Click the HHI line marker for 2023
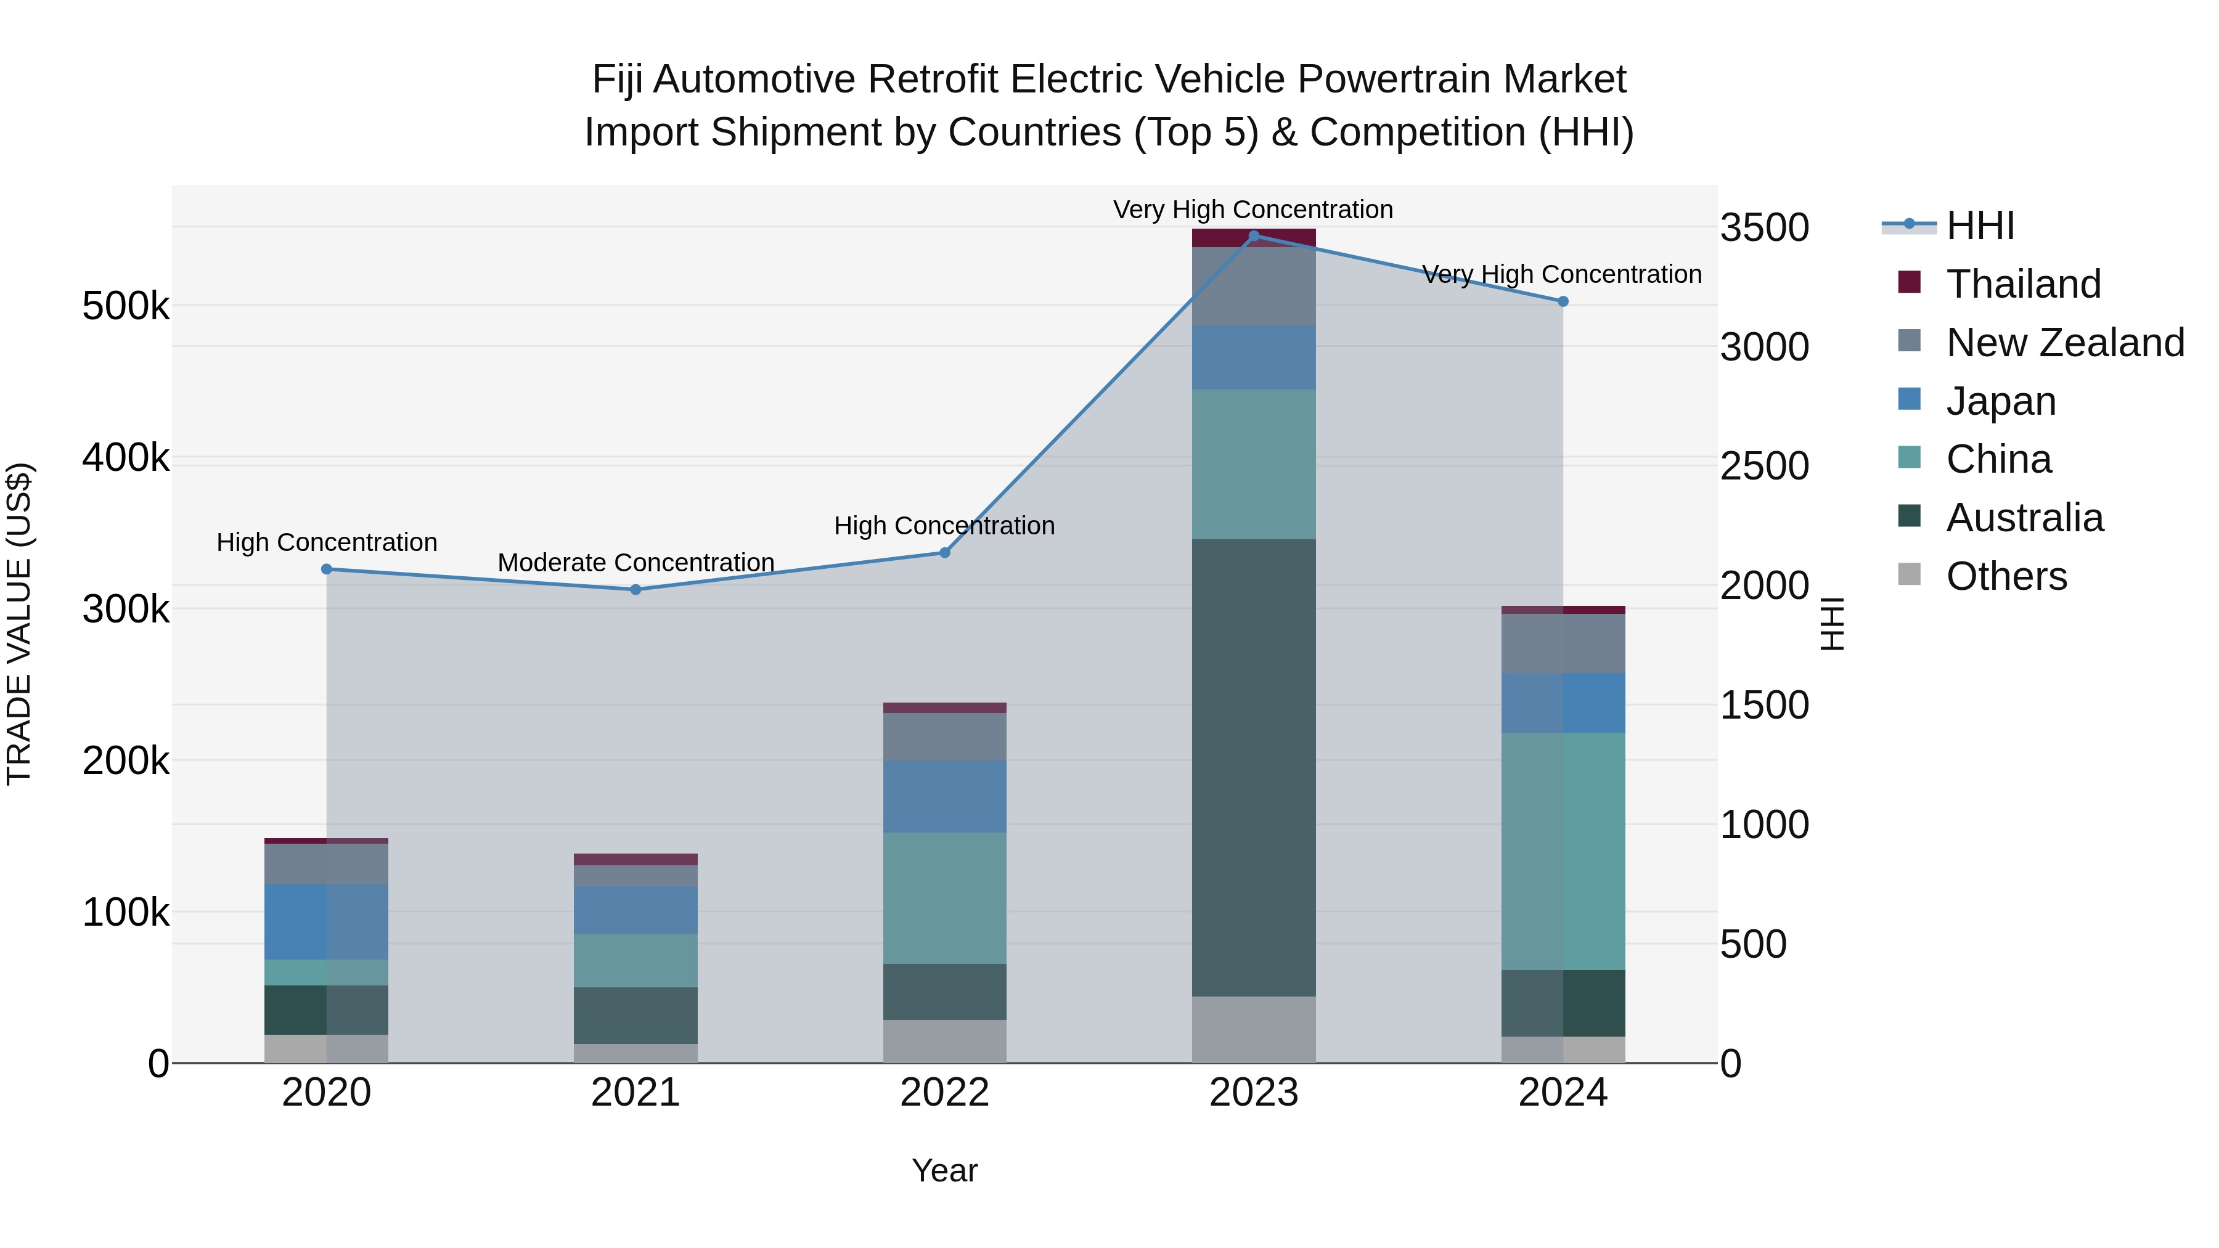(x=1253, y=235)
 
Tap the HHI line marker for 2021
(x=635, y=590)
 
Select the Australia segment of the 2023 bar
(x=1253, y=767)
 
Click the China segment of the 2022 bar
(x=944, y=897)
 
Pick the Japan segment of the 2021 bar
(x=635, y=910)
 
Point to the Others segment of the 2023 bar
(x=1253, y=1029)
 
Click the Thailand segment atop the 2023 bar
(x=1253, y=239)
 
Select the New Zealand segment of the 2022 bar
(x=944, y=736)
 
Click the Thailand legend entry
(x=2022, y=284)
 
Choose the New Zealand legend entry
(x=2064, y=343)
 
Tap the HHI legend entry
(x=1979, y=226)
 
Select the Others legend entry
(x=2005, y=576)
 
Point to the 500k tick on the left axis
(x=126, y=306)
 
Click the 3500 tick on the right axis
(x=1764, y=228)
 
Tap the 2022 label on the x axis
(x=944, y=1093)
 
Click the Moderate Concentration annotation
(x=635, y=563)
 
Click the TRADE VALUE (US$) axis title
(x=19, y=624)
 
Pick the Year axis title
(x=944, y=1170)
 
